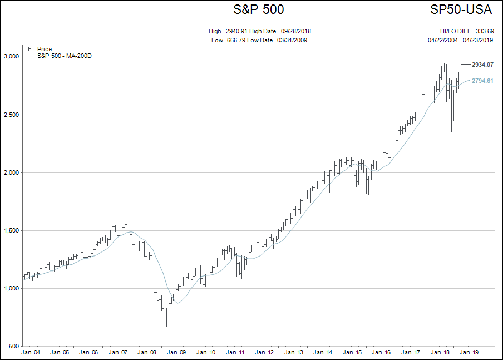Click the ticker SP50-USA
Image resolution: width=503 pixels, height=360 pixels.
(x=462, y=10)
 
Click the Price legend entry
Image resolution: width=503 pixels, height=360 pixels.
(x=44, y=50)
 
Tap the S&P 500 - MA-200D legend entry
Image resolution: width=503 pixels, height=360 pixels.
(x=64, y=56)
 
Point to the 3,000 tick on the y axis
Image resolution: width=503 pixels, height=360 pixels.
(x=12, y=57)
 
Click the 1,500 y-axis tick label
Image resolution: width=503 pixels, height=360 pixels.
(x=12, y=230)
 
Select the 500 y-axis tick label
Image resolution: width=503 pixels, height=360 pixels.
(x=14, y=346)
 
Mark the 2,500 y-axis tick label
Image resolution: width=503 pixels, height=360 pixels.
(x=12, y=115)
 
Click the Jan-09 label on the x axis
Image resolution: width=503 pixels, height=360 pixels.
(x=176, y=352)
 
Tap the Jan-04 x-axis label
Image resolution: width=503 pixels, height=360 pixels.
(x=30, y=352)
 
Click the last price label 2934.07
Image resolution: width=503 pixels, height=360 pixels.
(x=482, y=65)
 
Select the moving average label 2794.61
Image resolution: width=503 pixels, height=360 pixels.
(x=482, y=81)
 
